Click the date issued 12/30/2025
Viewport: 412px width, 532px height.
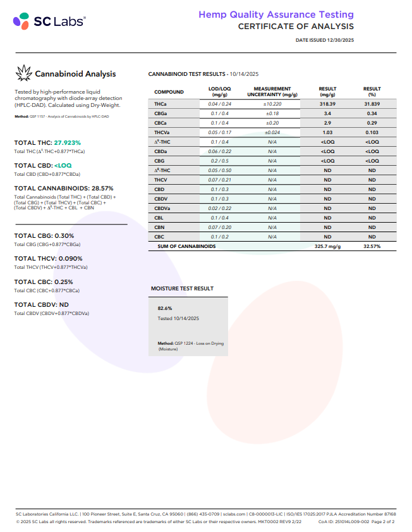(325, 40)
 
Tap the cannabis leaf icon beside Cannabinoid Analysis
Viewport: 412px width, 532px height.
(23, 73)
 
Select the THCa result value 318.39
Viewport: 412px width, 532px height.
(327, 104)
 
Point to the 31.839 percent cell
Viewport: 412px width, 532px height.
(372, 104)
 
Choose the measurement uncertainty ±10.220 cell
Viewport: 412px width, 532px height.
(272, 104)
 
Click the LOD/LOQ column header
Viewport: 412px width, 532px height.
(220, 92)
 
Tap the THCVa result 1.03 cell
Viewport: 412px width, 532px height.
(327, 132)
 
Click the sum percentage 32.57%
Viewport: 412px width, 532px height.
(372, 246)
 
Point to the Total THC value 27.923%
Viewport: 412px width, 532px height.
(68, 143)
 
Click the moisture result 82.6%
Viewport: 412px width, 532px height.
(165, 308)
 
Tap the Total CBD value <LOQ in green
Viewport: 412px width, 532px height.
(63, 165)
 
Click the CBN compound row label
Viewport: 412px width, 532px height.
(159, 227)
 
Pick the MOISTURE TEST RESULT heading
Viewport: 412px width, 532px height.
(182, 288)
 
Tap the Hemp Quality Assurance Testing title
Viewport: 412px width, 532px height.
(276, 15)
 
